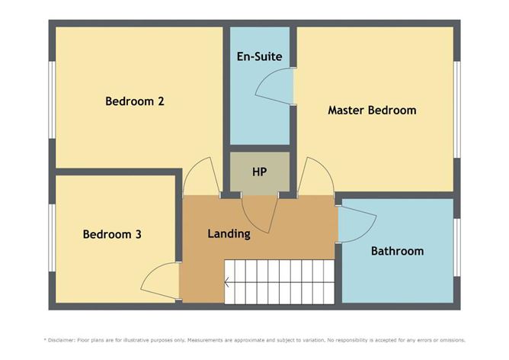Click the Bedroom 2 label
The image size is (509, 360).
point(135,101)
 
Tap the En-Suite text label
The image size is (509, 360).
point(260,56)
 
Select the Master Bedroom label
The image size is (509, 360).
point(372,110)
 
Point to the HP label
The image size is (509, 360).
point(260,171)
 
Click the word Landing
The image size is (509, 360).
point(229,234)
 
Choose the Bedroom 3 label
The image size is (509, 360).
point(112,234)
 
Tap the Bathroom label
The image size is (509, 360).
point(397,250)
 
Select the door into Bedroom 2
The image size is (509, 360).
point(200,179)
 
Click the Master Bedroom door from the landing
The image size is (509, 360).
point(315,179)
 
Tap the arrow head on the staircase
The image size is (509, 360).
point(227,283)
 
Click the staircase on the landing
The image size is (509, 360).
point(280,281)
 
